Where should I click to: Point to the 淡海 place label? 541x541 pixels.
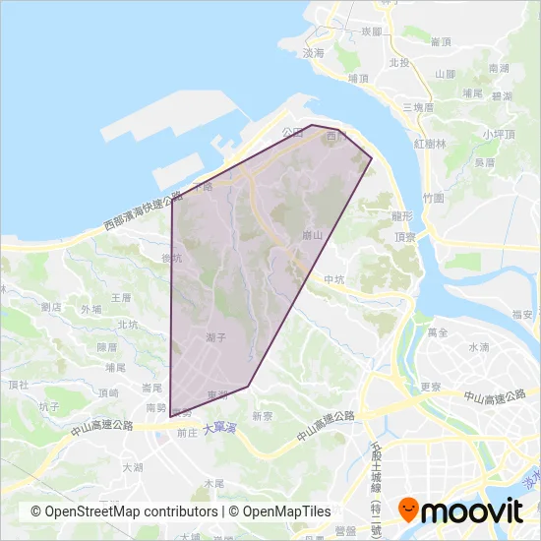(x=314, y=53)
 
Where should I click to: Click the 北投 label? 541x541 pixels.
(x=398, y=62)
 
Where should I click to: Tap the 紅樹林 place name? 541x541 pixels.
(x=430, y=143)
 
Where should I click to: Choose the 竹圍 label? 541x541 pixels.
(x=434, y=197)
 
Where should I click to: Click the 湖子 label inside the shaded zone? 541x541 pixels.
(x=216, y=336)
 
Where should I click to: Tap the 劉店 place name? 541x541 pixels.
(x=52, y=307)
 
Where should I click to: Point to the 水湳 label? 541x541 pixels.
(x=479, y=347)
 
